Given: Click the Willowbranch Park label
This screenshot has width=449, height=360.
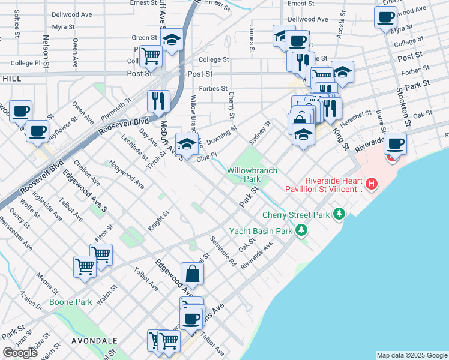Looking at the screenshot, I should coord(252,175).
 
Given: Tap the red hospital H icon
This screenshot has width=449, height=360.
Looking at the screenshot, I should coord(372,184).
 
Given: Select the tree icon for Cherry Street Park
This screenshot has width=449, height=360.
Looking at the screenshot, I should coord(340,214).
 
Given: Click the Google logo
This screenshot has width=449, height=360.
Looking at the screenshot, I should coord(20,353).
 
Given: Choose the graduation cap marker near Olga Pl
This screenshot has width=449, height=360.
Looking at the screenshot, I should coord(187,144).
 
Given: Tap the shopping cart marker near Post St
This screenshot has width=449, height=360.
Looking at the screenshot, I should coord(151,56).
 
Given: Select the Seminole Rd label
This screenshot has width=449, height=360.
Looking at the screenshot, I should coord(223,251).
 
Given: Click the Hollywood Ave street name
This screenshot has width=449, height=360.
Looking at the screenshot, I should coord(126,174).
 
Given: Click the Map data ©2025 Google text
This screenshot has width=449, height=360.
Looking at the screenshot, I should coord(412,355).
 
